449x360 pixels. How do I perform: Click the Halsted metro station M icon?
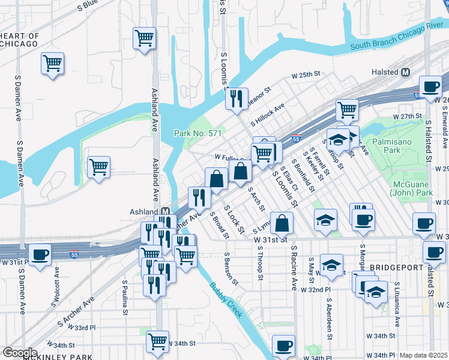tap(405, 72)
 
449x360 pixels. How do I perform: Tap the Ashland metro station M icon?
tap(164, 212)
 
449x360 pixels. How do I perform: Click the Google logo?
tap(19, 353)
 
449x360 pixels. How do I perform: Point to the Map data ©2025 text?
tap(423, 355)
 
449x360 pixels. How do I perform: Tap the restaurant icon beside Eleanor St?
tap(237, 97)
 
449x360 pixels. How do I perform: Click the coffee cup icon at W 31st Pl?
tap(40, 255)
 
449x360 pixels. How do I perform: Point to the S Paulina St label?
tap(125, 297)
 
